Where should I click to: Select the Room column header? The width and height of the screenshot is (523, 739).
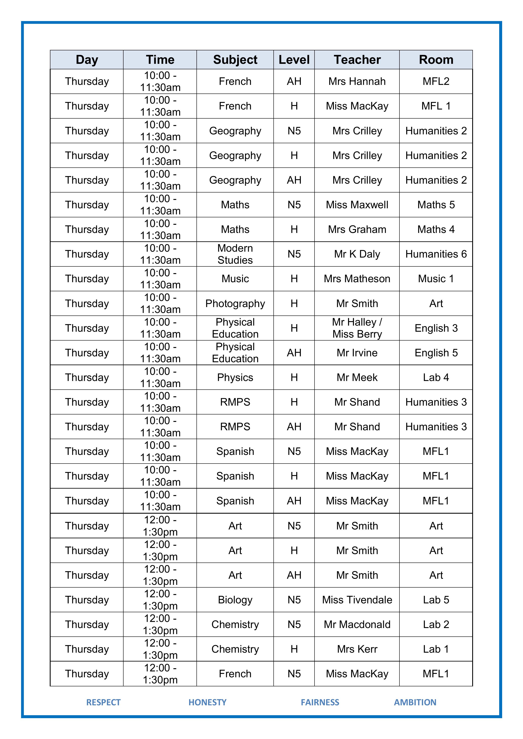click(x=436, y=60)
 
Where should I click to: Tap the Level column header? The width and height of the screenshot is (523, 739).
click(x=294, y=60)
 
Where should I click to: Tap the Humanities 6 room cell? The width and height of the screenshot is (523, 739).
click(x=436, y=254)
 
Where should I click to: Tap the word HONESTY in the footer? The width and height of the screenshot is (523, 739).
click(x=207, y=702)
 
